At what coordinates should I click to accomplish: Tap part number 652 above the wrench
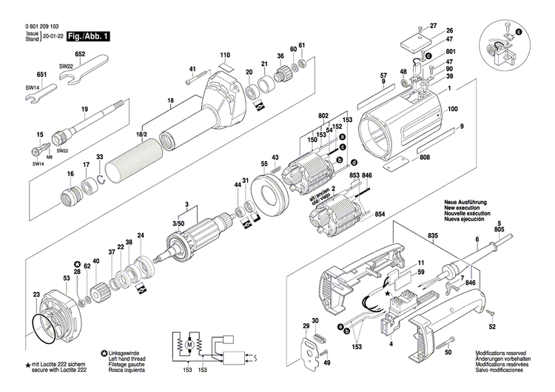click(x=80, y=55)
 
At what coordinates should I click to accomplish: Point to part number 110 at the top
click(x=225, y=55)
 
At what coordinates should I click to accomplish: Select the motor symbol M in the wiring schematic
click(x=189, y=345)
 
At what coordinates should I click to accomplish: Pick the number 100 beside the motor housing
click(x=452, y=109)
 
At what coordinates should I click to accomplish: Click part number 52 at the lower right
click(x=492, y=326)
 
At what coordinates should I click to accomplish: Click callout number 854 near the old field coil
click(x=380, y=214)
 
